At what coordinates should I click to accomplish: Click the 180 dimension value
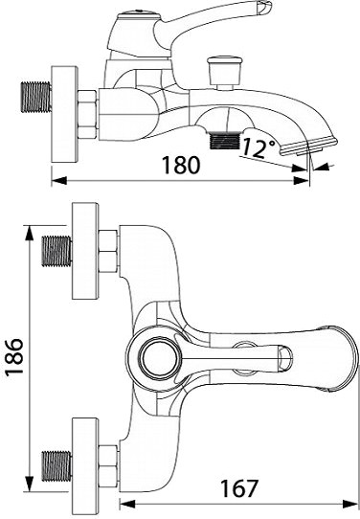pos(181,165)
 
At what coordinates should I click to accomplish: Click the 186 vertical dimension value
pos(14,356)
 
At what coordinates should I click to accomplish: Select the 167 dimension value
pos(239,488)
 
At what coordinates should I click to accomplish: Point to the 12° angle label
pos(259,147)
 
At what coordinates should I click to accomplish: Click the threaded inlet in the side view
pos(36,97)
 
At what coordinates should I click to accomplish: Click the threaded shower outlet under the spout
pos(225,141)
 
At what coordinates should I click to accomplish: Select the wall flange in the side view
pos(64,114)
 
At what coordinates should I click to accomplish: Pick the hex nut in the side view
pos(88,114)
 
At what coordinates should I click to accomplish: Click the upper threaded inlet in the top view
pos(56,251)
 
